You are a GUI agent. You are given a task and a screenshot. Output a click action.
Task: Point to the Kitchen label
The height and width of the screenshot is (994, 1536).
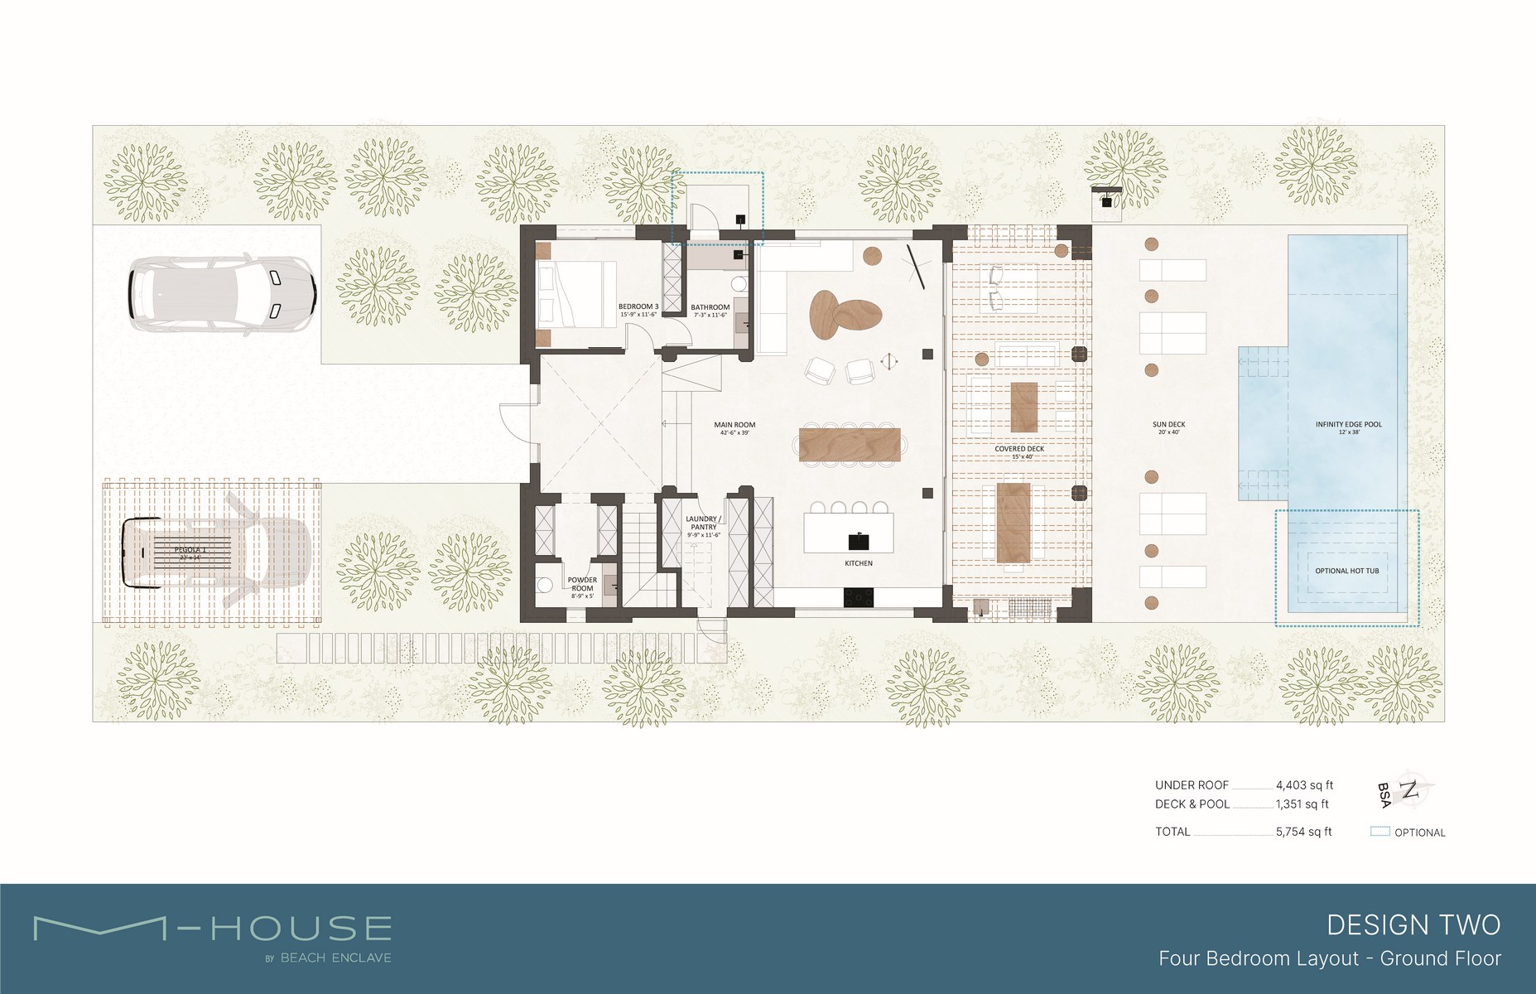coord(859,563)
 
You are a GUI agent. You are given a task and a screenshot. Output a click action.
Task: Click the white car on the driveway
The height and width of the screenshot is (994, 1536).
coord(222,292)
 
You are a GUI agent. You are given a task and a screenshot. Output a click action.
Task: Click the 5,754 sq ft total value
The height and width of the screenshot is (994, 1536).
coord(1303,832)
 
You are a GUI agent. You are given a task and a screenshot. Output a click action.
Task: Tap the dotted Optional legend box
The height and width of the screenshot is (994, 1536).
coord(1380,832)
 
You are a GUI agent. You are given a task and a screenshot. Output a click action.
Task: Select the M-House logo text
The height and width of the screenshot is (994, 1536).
coord(212,929)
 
